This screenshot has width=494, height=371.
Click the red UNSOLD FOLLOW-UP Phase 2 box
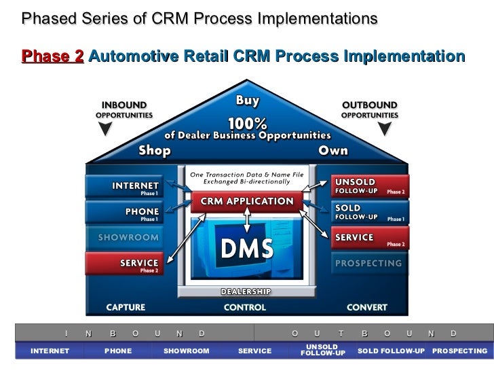tap(370, 186)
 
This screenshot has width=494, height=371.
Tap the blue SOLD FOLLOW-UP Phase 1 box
tap(370, 212)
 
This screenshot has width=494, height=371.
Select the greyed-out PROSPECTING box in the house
tap(370, 262)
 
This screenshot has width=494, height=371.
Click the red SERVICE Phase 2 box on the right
tap(370, 238)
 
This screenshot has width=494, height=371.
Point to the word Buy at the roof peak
tap(247, 101)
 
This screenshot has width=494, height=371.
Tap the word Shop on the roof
tap(155, 150)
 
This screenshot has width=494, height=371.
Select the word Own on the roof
tap(333, 150)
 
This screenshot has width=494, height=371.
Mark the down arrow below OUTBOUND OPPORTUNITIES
tap(387, 129)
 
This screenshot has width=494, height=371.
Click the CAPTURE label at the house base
tap(125, 307)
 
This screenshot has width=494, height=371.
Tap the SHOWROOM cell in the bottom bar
tap(187, 351)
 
